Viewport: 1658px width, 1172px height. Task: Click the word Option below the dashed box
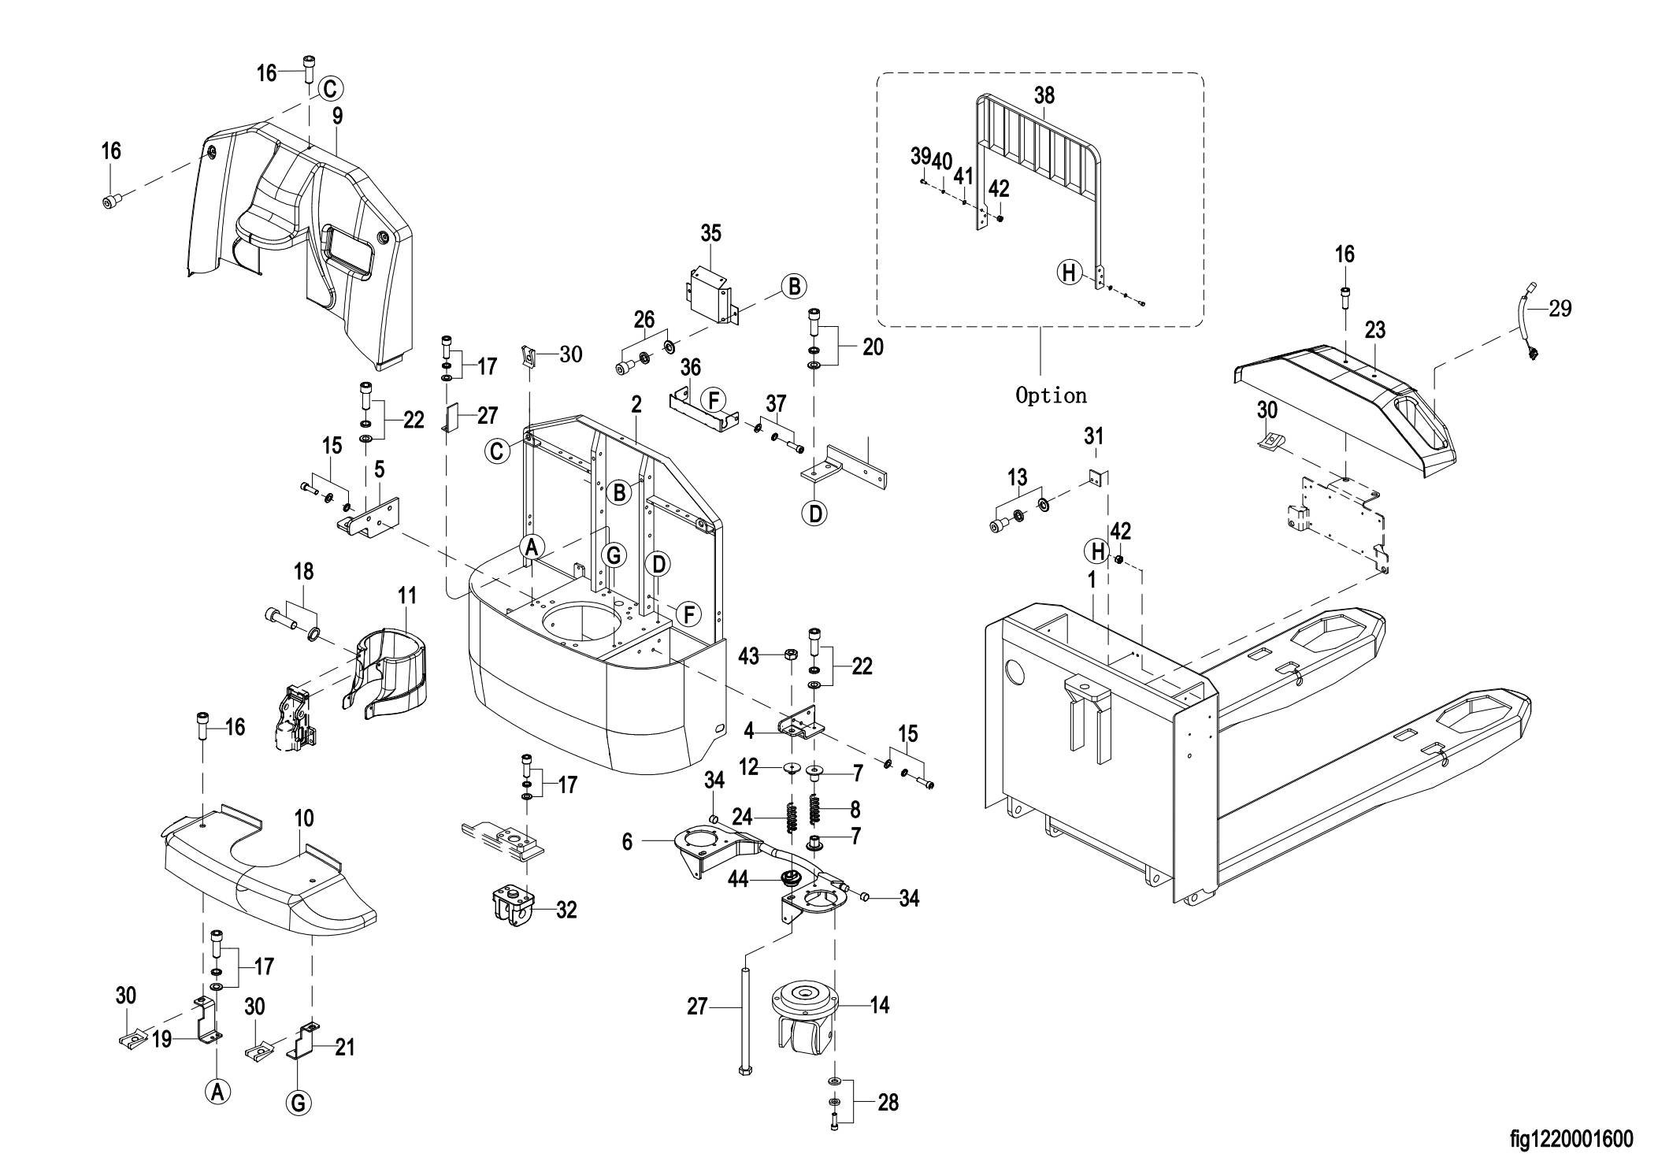coord(1051,395)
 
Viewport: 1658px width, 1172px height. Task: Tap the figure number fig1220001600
coord(1571,1139)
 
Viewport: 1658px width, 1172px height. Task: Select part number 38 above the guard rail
coord(1044,95)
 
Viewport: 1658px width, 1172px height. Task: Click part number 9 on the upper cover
coord(337,117)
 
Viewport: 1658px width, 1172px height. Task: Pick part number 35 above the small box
coord(710,233)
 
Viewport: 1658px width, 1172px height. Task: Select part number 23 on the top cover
coord(1375,329)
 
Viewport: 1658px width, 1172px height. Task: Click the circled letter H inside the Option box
coord(1069,273)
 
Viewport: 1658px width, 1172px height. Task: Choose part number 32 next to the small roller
coord(566,910)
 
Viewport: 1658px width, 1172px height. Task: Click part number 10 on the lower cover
coord(304,818)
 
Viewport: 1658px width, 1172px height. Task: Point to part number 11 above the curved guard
coord(406,595)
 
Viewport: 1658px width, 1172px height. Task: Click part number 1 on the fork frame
coord(1092,580)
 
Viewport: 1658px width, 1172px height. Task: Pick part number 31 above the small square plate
coord(1094,436)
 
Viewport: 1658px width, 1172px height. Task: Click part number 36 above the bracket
coord(691,367)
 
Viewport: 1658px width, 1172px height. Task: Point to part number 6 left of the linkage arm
coord(627,842)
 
